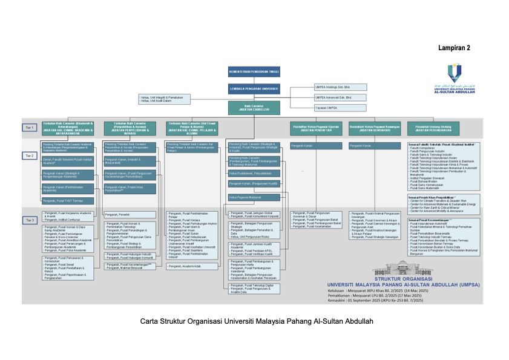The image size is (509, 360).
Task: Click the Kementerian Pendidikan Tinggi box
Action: click(254, 71)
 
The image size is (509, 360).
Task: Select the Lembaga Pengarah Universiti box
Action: click(254, 89)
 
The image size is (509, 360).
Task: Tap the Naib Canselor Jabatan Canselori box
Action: click(254, 108)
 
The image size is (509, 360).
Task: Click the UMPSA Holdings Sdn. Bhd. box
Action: click(332, 87)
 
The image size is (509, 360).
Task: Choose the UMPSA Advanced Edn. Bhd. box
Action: click(332, 97)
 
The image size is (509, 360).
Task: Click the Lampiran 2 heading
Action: click(455, 47)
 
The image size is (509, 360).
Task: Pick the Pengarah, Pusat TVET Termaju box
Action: click(68, 200)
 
